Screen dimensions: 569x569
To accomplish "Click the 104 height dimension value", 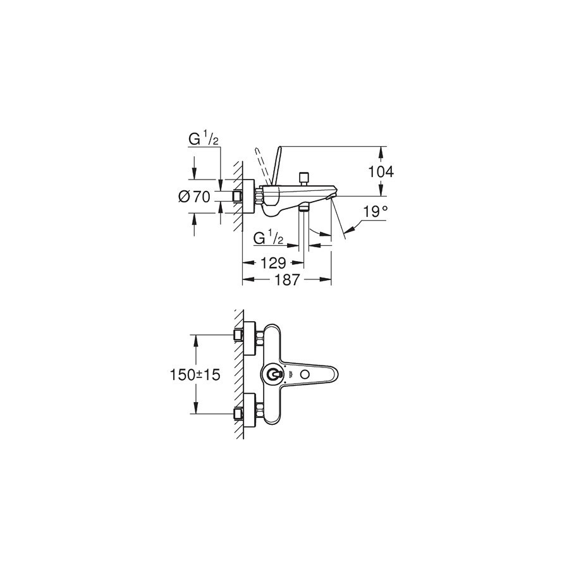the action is [381, 171].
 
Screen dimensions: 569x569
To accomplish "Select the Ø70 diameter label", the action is [194, 197].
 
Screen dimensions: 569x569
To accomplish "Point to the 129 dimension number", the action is [274, 263].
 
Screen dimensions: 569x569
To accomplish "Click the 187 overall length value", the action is [287, 279].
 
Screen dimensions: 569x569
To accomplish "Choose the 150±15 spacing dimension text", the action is [195, 375].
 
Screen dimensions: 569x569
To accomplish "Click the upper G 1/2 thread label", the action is [203, 139].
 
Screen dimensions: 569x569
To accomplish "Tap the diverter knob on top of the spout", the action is [303, 178].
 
